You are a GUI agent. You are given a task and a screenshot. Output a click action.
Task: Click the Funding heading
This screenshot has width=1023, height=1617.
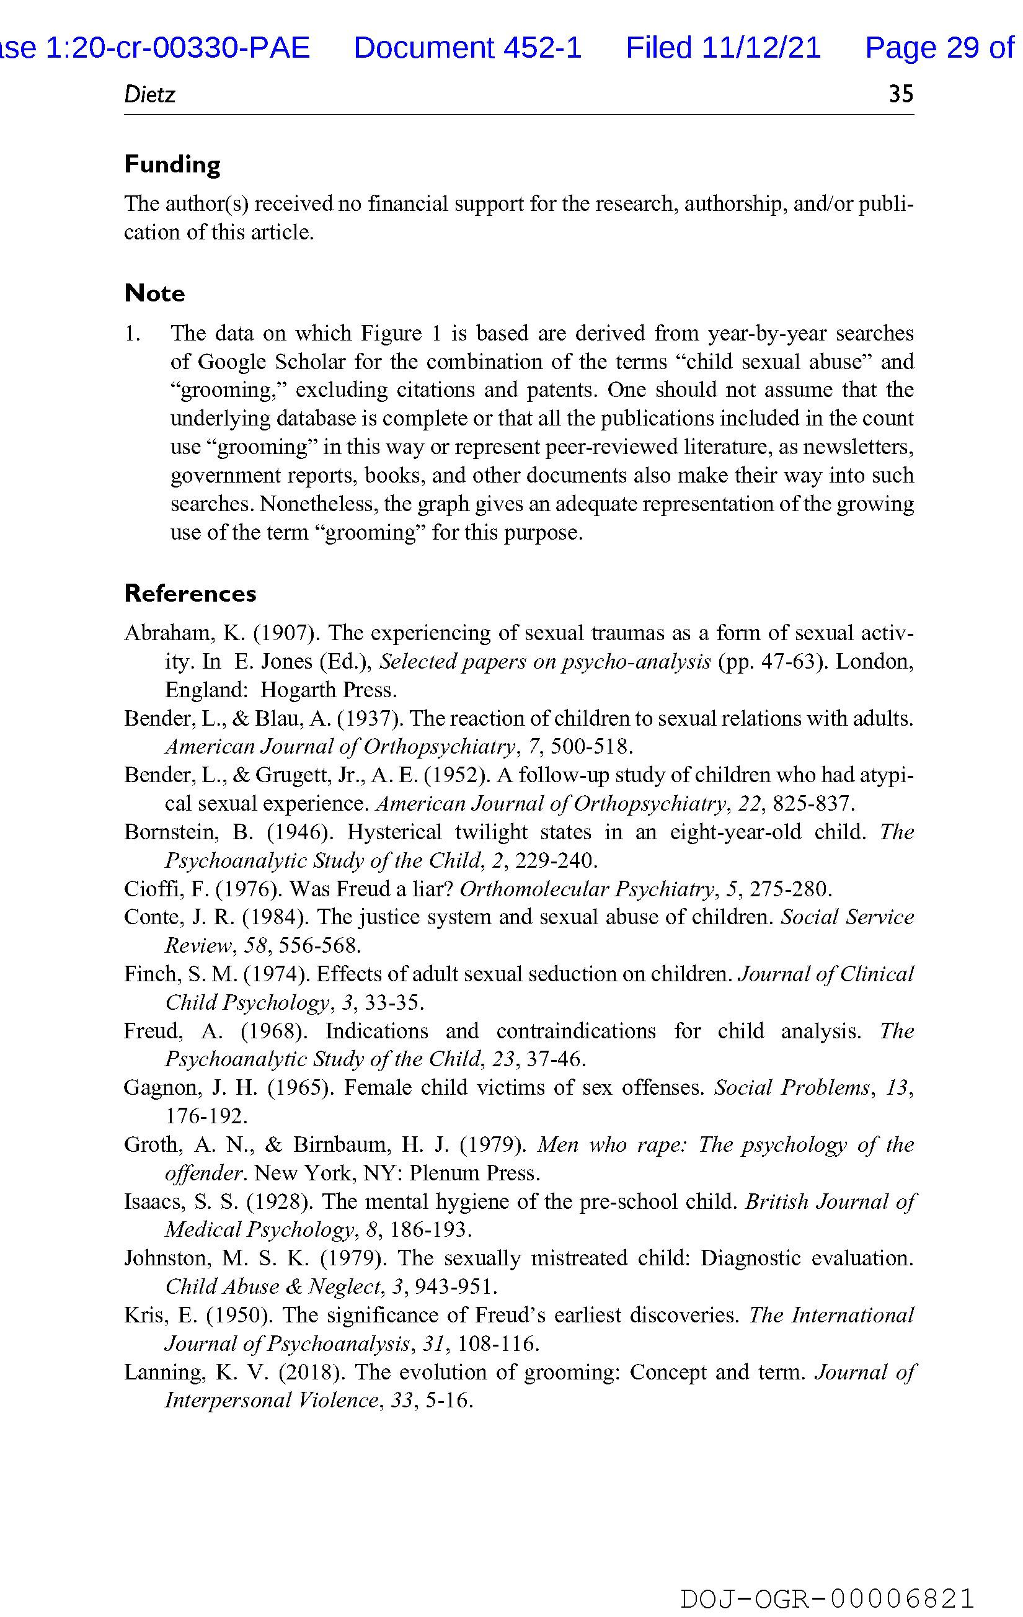[x=172, y=164]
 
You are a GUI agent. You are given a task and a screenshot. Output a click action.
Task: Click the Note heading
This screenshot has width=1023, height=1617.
[x=154, y=293]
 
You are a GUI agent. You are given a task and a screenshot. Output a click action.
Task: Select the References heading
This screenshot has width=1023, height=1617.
[x=190, y=594]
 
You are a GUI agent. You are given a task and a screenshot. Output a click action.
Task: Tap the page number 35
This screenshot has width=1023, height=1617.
[x=901, y=94]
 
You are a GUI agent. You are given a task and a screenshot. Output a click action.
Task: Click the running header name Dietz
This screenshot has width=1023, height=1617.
[x=149, y=95]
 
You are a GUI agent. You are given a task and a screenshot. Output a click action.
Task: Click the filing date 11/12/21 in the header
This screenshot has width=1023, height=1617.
[x=761, y=48]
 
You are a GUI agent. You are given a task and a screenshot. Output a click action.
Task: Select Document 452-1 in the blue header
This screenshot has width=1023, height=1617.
[x=467, y=48]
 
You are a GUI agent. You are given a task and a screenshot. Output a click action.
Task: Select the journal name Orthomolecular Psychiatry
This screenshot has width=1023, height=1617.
[x=586, y=889]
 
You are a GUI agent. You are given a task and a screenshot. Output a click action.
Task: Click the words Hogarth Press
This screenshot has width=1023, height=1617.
[x=329, y=690]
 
